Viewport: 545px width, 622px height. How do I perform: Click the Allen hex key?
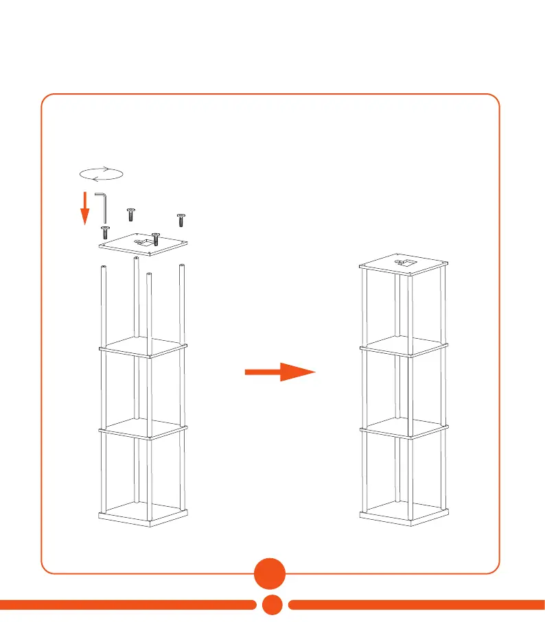[x=102, y=206]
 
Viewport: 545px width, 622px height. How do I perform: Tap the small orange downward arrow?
[x=84, y=208]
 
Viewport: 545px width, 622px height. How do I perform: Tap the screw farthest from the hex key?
[x=181, y=219]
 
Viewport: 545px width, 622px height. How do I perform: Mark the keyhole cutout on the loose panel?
[x=146, y=241]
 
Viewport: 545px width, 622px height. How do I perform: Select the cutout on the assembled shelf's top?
[x=403, y=262]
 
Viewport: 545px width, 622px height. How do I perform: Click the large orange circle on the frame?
[x=272, y=573]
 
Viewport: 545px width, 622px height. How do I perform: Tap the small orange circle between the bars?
[x=272, y=604]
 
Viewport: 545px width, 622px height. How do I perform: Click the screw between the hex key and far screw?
[x=130, y=214]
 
